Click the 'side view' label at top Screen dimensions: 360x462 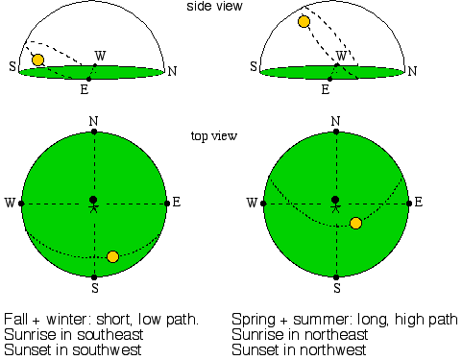point(214,7)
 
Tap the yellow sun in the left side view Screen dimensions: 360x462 point(37,60)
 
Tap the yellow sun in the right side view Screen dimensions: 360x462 point(304,21)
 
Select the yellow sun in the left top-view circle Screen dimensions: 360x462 point(112,256)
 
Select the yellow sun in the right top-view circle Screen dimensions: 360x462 point(355,223)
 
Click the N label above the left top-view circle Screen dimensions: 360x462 point(93,121)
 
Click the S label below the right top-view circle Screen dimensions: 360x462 point(336,287)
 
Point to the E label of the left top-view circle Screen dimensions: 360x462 point(176,203)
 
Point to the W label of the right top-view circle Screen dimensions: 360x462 point(252,203)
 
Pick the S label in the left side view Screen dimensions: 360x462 point(12,67)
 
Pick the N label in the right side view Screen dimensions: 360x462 point(412,70)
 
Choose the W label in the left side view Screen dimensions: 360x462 point(101,55)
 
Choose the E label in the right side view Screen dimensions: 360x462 point(325,88)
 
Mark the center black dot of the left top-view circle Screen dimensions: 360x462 point(93,200)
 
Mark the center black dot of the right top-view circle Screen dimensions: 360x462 point(334,200)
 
